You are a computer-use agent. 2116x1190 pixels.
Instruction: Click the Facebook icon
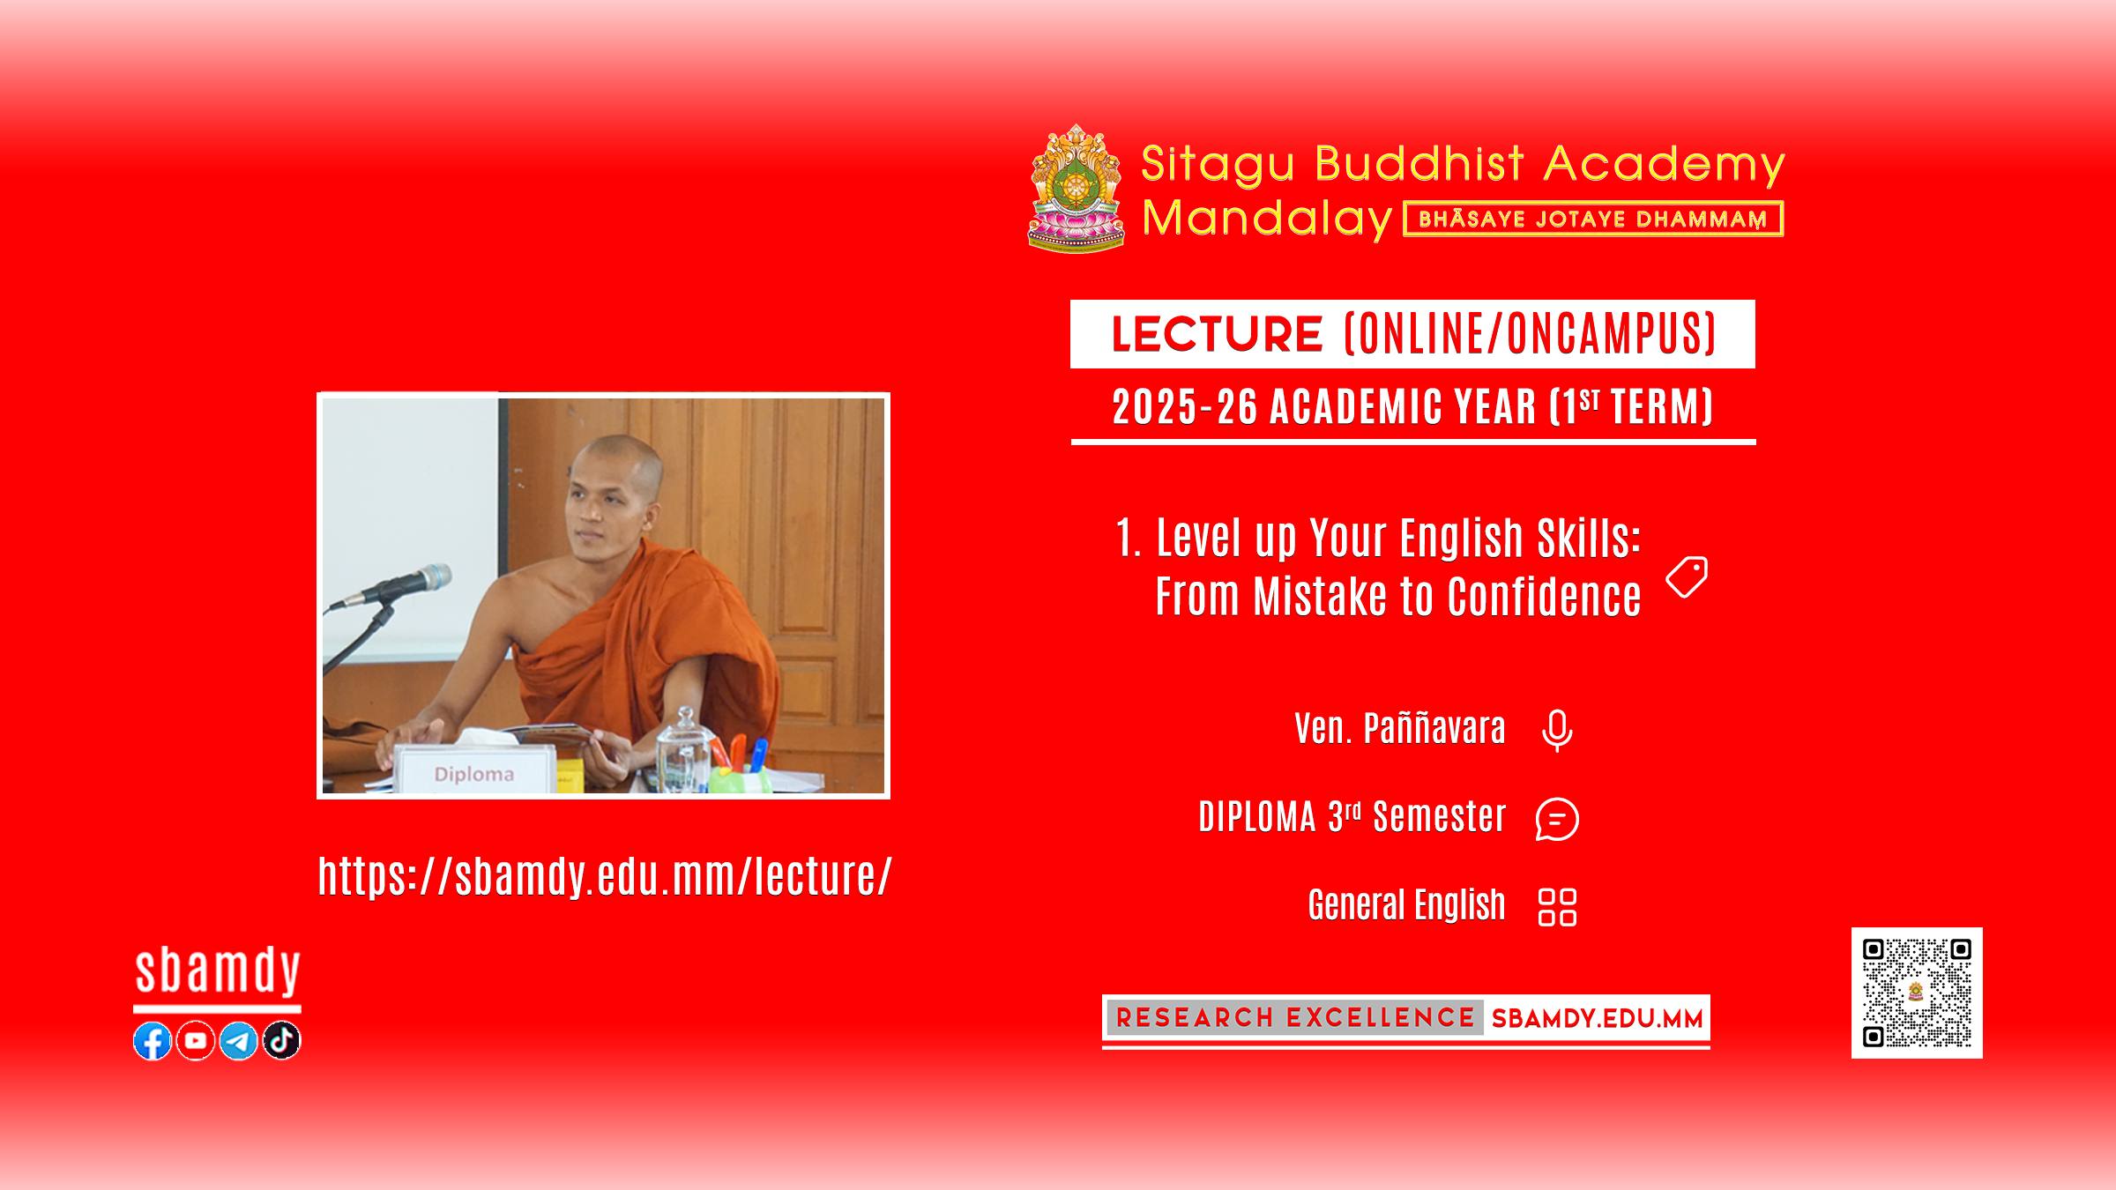coord(153,1041)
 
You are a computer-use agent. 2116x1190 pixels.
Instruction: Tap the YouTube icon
coord(196,1041)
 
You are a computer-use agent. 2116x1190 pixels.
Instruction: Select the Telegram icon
coord(238,1041)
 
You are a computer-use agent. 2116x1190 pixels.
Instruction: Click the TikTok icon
coord(282,1041)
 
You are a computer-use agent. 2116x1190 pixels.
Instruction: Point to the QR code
coord(1917,993)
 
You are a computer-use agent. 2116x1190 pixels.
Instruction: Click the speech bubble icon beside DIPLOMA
coord(1557,819)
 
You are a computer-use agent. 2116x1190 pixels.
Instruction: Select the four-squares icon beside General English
coord(1557,907)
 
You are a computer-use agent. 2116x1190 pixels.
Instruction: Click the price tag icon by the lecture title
coord(1687,576)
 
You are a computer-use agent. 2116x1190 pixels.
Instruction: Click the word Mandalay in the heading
coord(1267,218)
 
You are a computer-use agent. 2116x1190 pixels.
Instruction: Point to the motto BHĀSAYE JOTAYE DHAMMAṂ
coord(1592,219)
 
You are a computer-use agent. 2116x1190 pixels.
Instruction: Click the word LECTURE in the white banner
coord(1217,334)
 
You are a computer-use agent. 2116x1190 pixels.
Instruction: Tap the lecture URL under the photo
coord(605,876)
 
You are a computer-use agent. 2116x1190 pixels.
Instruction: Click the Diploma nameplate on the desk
coord(474,770)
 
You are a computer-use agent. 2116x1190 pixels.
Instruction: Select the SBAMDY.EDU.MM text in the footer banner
coord(1597,1019)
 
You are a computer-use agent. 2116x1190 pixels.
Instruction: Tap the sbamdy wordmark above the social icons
coord(218,972)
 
